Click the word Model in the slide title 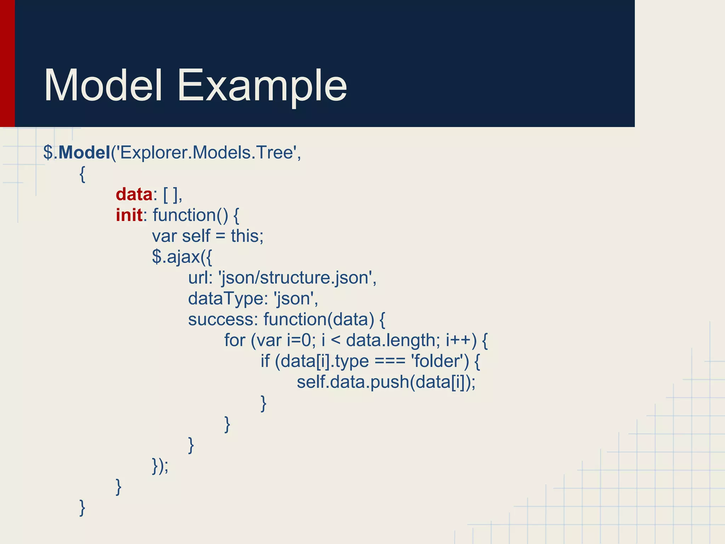click(103, 86)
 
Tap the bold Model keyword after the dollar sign click(84, 153)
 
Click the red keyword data click(134, 194)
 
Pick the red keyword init click(129, 215)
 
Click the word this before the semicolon click(245, 236)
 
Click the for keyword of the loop click(234, 341)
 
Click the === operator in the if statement click(390, 362)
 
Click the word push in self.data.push click(389, 382)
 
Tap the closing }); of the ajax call click(160, 466)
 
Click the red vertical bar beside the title click(7, 63)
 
